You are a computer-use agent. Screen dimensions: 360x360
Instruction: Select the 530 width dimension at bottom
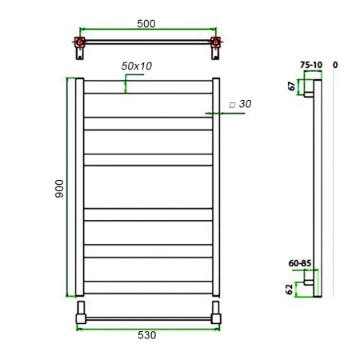[146, 334]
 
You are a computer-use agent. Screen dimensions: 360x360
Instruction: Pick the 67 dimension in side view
[293, 86]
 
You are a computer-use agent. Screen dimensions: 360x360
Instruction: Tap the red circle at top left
[79, 42]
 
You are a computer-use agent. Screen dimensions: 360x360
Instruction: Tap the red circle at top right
[214, 42]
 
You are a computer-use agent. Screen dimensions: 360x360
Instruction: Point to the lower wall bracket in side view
[306, 281]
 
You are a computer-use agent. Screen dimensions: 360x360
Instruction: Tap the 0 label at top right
[335, 65]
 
